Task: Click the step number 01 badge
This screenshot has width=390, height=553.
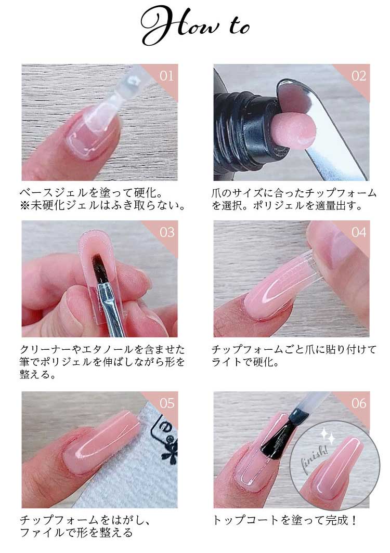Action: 166,76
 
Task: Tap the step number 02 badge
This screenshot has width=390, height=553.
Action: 359,76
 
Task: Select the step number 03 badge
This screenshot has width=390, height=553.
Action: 166,232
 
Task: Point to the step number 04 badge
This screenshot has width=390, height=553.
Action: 359,232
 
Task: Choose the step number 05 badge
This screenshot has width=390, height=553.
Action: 166,403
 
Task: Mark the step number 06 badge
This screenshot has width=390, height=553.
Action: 359,403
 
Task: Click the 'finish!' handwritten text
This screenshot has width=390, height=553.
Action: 314,458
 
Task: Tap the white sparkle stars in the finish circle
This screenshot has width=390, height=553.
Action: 328,436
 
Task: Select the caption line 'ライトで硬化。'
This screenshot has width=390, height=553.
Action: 245,362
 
